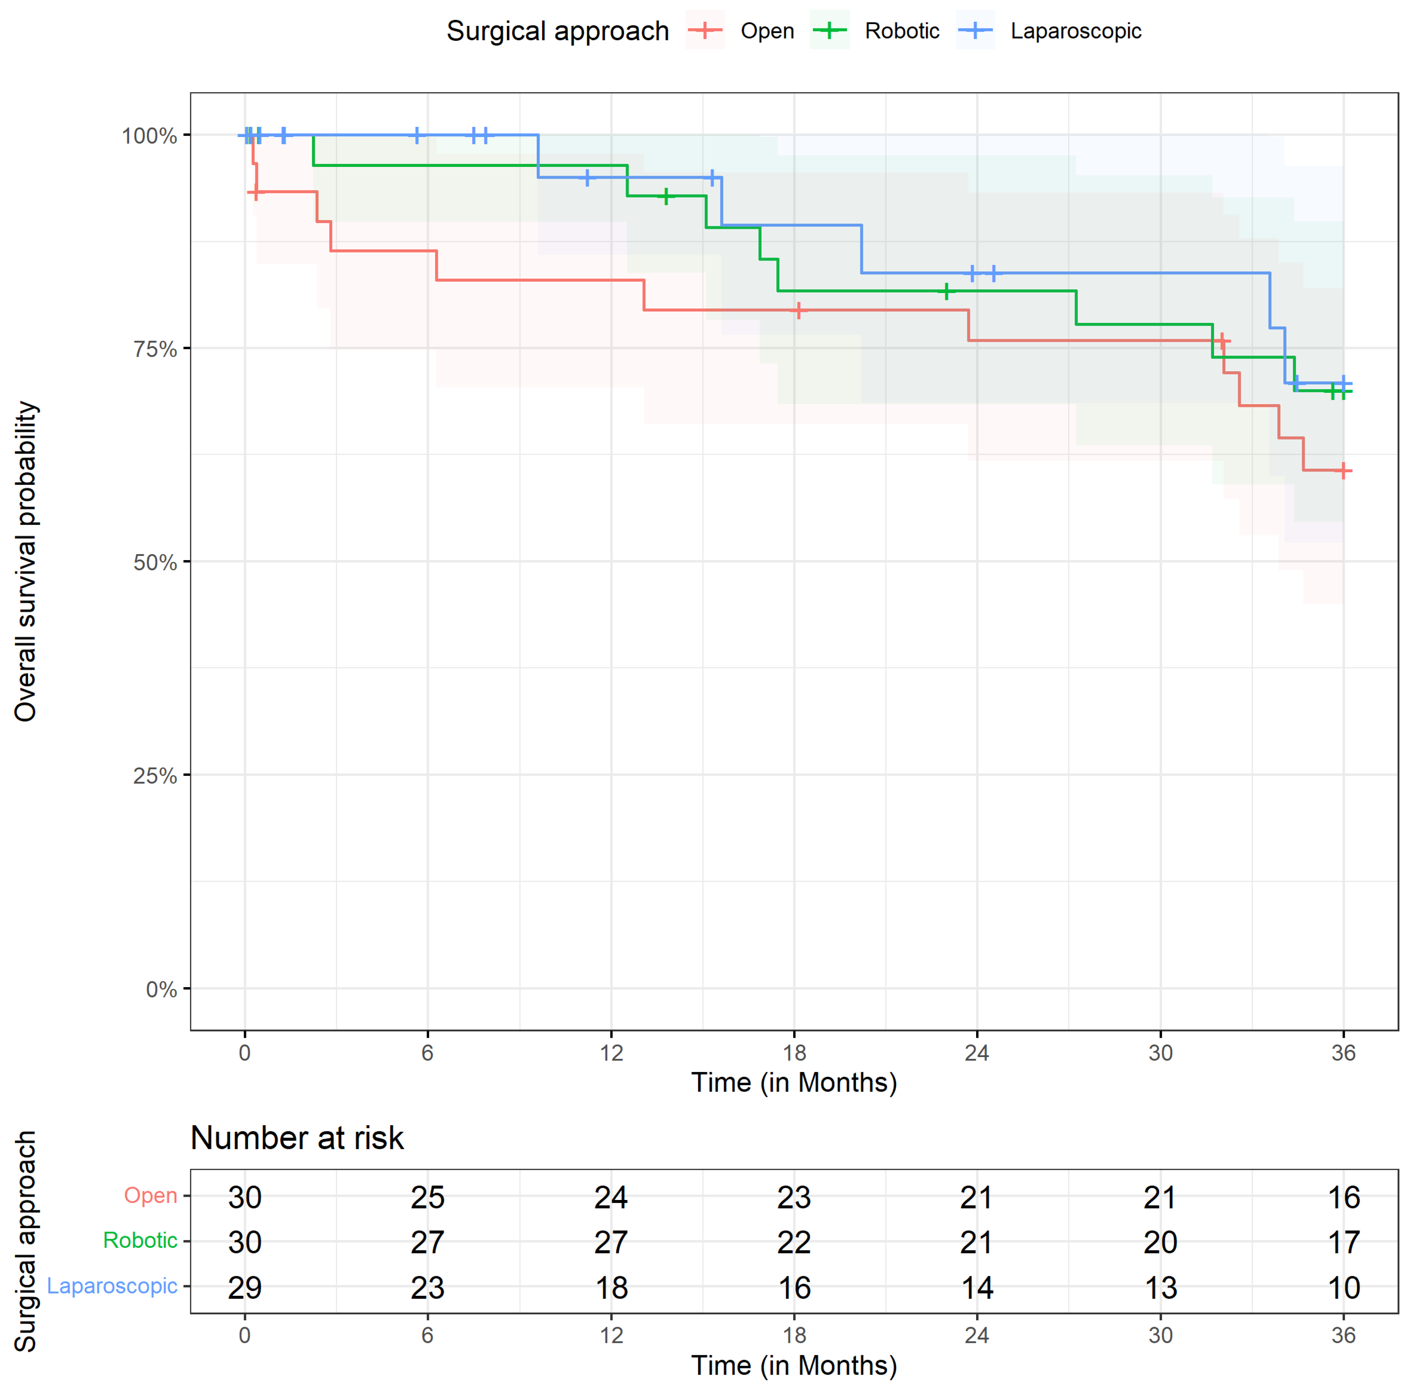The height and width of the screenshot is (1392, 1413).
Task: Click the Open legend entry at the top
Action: point(740,31)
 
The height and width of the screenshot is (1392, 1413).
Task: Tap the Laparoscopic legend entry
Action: point(1048,31)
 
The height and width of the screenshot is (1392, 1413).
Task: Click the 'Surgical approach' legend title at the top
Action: point(558,31)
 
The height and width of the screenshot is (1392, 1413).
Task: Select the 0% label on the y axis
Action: point(161,989)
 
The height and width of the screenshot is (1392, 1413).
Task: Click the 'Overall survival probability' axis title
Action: point(26,562)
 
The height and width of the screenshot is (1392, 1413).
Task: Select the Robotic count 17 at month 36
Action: point(1343,1242)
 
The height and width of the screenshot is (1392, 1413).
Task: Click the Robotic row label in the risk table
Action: point(140,1241)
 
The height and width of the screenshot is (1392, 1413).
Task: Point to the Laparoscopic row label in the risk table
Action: point(112,1286)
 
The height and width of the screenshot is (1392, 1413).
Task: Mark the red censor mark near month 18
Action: point(799,310)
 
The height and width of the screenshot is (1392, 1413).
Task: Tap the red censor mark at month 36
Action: point(1343,471)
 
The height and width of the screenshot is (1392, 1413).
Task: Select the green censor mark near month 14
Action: point(666,196)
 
